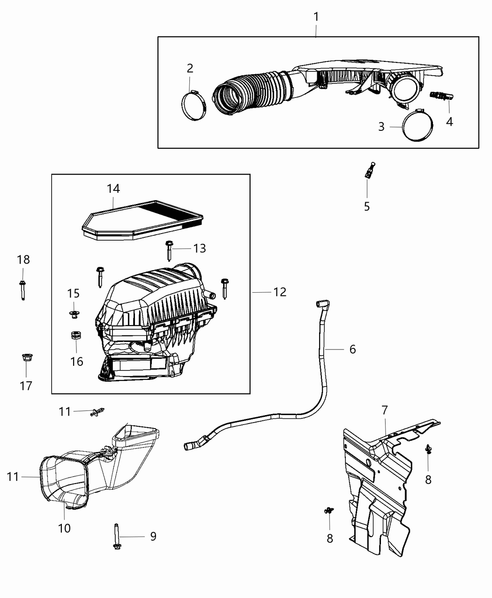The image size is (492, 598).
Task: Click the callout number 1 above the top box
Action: [x=316, y=17]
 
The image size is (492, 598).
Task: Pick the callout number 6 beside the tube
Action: [x=352, y=349]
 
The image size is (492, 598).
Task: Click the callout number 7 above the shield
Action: [x=384, y=410]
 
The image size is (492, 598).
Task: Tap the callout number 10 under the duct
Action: [x=64, y=528]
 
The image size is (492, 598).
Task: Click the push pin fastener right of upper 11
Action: [x=98, y=412]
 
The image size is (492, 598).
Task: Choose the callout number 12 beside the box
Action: [x=280, y=292]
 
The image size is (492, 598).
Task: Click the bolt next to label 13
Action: [x=169, y=250]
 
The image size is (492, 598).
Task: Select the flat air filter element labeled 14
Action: [x=143, y=221]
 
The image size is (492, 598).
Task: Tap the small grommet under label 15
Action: [x=74, y=314]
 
